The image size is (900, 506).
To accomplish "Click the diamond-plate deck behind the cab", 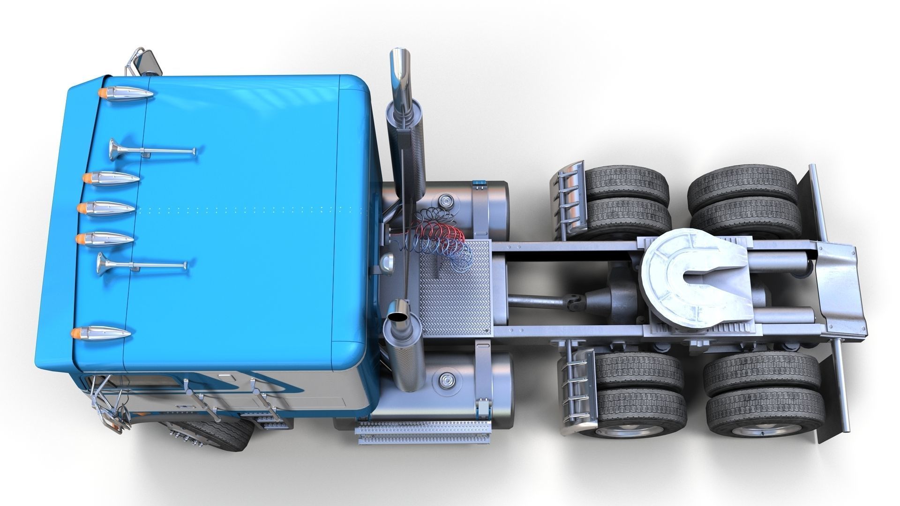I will pos(455,288).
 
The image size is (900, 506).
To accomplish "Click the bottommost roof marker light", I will pos(100,334).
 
